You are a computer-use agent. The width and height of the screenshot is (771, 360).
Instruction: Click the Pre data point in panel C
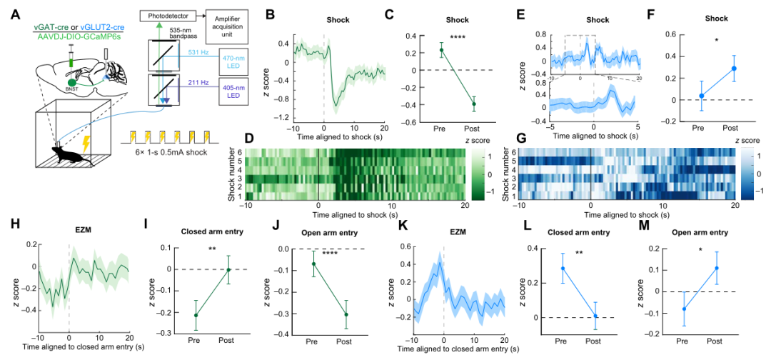pos(440,50)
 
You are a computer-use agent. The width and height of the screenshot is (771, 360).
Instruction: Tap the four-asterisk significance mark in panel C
pos(457,38)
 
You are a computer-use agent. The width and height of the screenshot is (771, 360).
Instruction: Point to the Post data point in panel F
pos(733,69)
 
